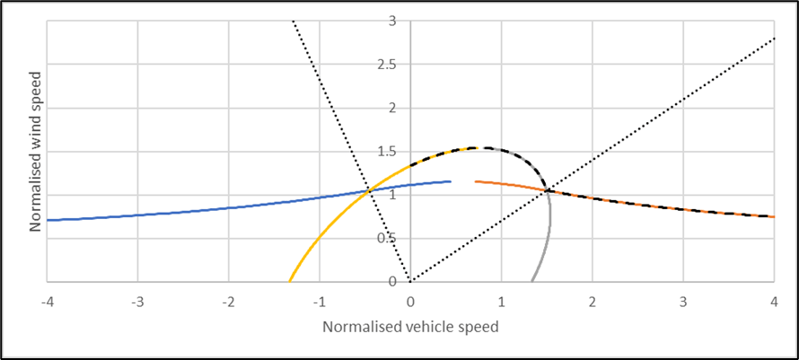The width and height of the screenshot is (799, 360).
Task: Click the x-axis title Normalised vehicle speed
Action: click(x=410, y=328)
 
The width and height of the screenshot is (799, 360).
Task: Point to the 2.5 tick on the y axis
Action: click(x=387, y=64)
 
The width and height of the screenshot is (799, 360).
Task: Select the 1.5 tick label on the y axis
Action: click(x=387, y=152)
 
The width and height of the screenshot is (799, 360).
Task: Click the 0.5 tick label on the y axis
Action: click(x=387, y=239)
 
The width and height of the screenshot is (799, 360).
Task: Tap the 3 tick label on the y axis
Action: click(x=392, y=20)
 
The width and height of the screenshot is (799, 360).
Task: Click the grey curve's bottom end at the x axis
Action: click(x=531, y=281)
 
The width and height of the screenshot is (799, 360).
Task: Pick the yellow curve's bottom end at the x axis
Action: click(x=290, y=281)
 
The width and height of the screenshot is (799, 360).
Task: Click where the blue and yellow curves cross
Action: click(x=369, y=189)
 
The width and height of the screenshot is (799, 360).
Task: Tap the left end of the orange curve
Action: click(x=476, y=181)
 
